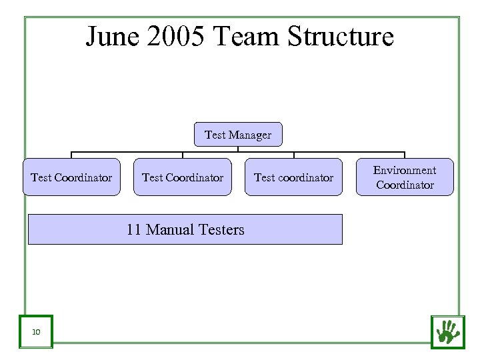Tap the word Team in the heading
[x=247, y=37]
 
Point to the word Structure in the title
[x=341, y=37]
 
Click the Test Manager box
[x=238, y=135]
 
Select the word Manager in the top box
[x=251, y=135]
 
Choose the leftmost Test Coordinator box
[x=71, y=177]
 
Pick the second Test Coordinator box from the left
[x=183, y=177]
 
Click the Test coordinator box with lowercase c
[x=293, y=177]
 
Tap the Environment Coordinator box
[x=405, y=177]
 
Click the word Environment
[x=405, y=171]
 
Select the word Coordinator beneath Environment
[x=405, y=185]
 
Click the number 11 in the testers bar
[x=133, y=230]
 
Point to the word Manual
[x=169, y=230]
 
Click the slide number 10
[x=35, y=331]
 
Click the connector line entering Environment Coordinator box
[x=405, y=155]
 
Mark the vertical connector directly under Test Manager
[x=238, y=149]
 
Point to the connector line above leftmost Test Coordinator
[x=71, y=155]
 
